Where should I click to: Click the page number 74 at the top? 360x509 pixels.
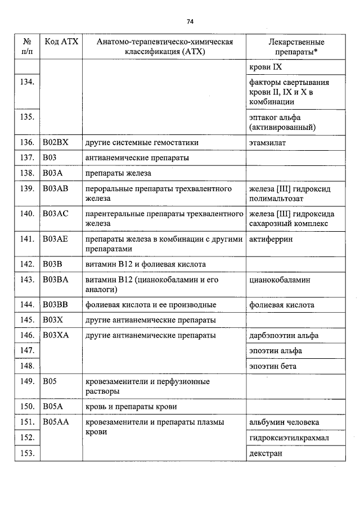[190, 21]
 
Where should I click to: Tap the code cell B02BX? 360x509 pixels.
[55, 143]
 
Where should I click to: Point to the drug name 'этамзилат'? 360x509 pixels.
[267, 143]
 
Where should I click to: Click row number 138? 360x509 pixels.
[27, 173]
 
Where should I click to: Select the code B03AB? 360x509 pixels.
[55, 188]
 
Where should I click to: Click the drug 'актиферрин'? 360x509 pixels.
[271, 239]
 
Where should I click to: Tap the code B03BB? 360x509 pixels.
[55, 305]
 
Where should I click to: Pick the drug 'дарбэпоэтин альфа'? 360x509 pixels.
[283, 335]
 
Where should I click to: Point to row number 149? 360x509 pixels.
[27, 381]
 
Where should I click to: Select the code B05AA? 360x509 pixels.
[55, 422]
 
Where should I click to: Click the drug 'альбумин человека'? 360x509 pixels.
[283, 422]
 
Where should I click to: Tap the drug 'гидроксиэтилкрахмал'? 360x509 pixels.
[289, 438]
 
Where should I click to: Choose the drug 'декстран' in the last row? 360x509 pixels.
[265, 453]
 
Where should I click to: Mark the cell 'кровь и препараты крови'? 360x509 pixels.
[131, 407]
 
